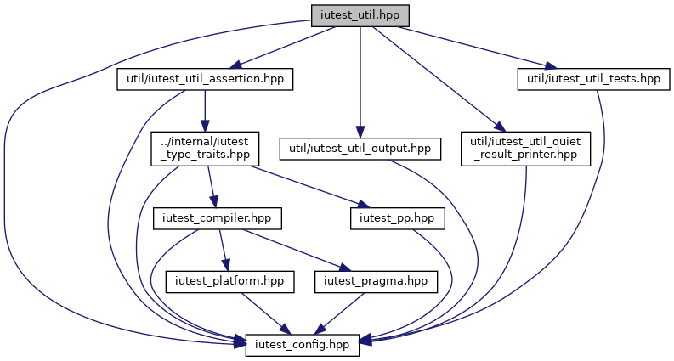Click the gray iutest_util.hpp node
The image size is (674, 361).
point(360,16)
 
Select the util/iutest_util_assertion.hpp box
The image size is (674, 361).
point(205,79)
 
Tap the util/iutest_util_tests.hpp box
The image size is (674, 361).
point(593,79)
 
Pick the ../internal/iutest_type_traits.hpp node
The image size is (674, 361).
point(205,149)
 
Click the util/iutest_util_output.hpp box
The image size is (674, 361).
point(360,149)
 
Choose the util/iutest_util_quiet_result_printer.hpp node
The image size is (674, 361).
point(526,149)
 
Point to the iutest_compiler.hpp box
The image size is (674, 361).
point(217,218)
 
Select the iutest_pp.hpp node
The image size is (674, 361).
point(397,218)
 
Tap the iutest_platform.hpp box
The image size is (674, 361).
point(229,282)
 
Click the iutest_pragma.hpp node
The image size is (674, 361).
point(376,282)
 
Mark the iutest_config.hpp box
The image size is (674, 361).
point(303,345)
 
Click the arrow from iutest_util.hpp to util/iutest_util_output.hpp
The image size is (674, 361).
point(360,82)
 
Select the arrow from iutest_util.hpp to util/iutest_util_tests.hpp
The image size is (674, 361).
point(477,48)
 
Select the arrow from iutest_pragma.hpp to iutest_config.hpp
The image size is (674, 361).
point(340,313)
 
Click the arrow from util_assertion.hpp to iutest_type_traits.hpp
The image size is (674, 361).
point(205,111)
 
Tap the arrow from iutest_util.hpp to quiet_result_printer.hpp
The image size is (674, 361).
point(439,79)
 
